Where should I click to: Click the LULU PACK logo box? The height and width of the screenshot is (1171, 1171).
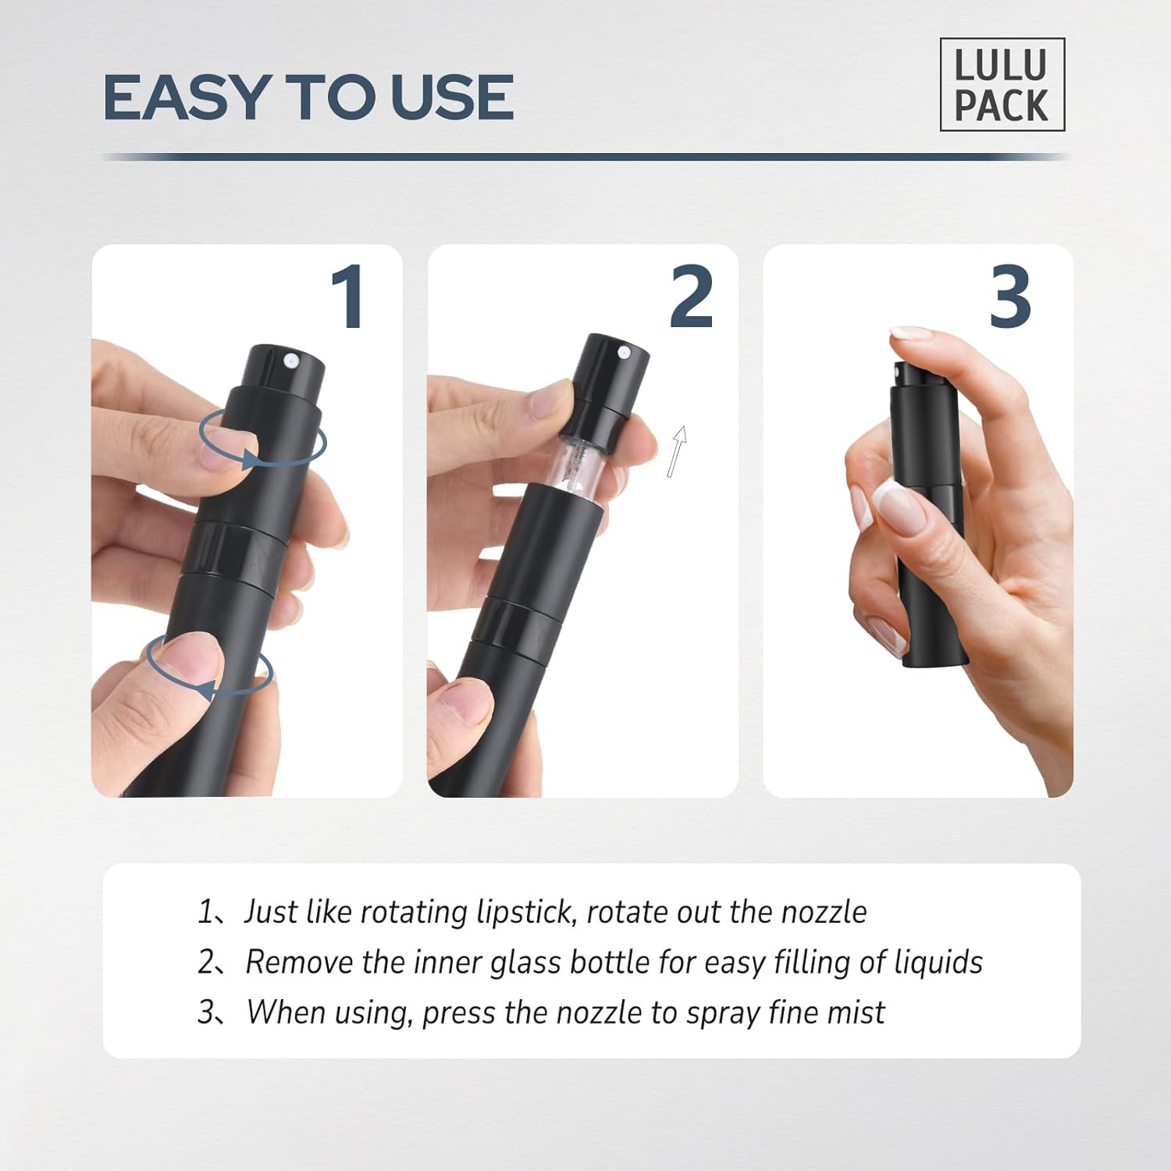tap(1002, 84)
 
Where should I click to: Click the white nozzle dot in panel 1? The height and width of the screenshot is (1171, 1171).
tap(290, 360)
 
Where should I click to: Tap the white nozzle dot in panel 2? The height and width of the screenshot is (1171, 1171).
tap(624, 353)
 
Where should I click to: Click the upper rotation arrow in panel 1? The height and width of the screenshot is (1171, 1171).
tap(262, 442)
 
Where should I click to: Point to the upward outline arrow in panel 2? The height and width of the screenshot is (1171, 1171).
tap(677, 450)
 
